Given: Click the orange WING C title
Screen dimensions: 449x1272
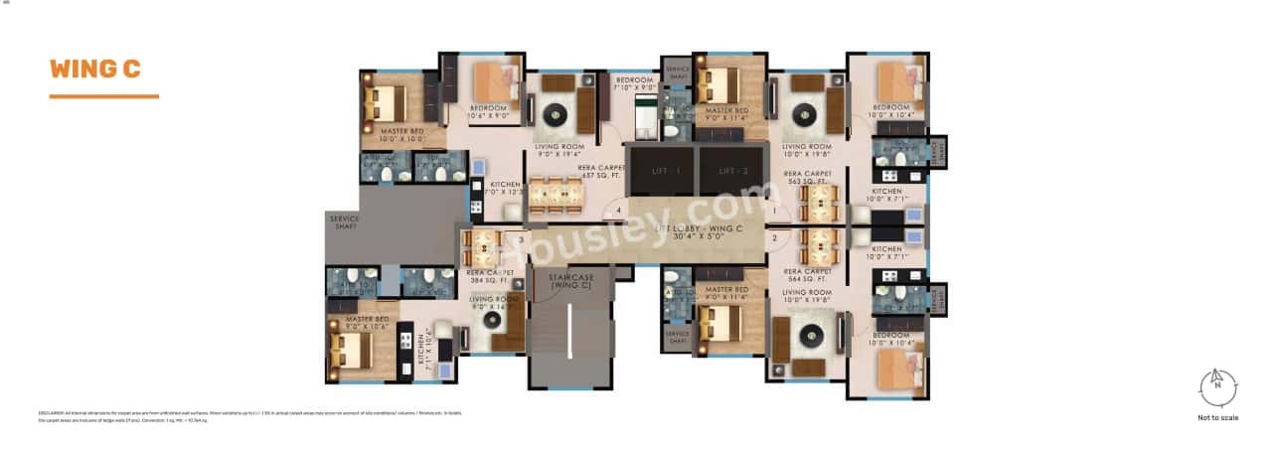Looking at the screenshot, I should (x=95, y=69).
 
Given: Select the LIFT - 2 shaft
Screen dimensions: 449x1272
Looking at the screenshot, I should (x=730, y=170).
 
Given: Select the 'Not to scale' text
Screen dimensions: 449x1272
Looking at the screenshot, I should (x=1217, y=418).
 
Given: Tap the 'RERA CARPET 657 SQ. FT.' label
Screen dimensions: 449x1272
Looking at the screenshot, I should (x=601, y=173).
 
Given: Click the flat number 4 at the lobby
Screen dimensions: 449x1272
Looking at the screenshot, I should (x=618, y=211).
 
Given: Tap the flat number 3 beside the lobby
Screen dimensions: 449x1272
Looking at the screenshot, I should (x=521, y=238).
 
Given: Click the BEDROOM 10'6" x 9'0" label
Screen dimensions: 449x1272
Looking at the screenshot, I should (x=489, y=111).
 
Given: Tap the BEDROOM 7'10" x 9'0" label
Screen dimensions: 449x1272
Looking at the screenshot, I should (x=634, y=83).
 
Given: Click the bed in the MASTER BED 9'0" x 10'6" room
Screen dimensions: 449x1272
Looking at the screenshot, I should (x=350, y=350).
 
